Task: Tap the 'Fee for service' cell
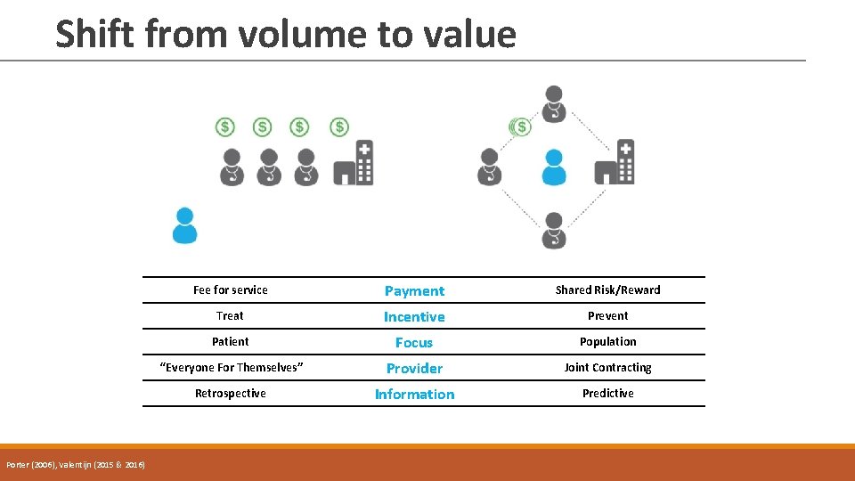point(230,290)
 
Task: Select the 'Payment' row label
point(414,291)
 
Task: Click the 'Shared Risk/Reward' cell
point(607,290)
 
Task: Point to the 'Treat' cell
point(230,316)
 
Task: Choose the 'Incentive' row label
point(414,317)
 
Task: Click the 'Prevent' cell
point(607,316)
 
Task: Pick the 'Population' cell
point(607,342)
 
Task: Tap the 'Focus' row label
point(414,343)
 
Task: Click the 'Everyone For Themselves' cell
point(230,368)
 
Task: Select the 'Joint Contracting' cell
point(607,368)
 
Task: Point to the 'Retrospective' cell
point(230,394)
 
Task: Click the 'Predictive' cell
point(607,394)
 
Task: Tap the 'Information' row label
point(414,395)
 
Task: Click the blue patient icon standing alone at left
point(184,225)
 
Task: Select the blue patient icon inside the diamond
point(554,167)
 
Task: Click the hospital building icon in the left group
point(354,163)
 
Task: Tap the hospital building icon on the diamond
point(615,163)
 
